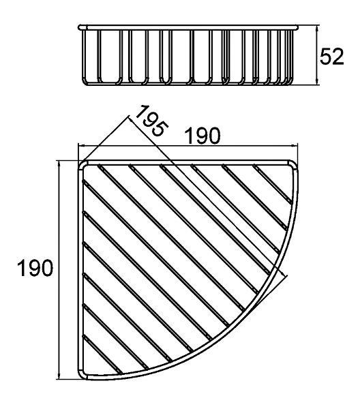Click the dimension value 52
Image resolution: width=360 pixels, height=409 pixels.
pos(331,57)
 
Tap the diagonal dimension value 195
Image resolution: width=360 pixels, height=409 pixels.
pos(152,121)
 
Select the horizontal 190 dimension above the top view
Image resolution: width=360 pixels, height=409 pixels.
pos(202,136)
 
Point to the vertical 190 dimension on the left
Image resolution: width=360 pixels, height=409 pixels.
pos(35,268)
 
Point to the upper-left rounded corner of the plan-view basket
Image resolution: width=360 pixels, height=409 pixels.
pos(81,164)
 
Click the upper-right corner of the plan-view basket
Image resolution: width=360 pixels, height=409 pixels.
pos(295,164)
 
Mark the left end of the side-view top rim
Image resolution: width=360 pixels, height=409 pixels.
pos(79,27)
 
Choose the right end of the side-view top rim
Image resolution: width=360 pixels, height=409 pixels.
pos(297,27)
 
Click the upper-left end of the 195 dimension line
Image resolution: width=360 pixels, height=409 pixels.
pos(130,116)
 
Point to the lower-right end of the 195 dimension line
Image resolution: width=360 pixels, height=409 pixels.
pos(286,275)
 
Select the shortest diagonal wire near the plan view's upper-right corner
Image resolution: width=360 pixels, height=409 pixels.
pos(272,183)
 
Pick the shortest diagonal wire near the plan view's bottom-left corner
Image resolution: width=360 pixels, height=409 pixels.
pos(102,354)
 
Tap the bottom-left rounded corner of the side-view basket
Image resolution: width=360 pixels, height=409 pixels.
pos(85,82)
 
